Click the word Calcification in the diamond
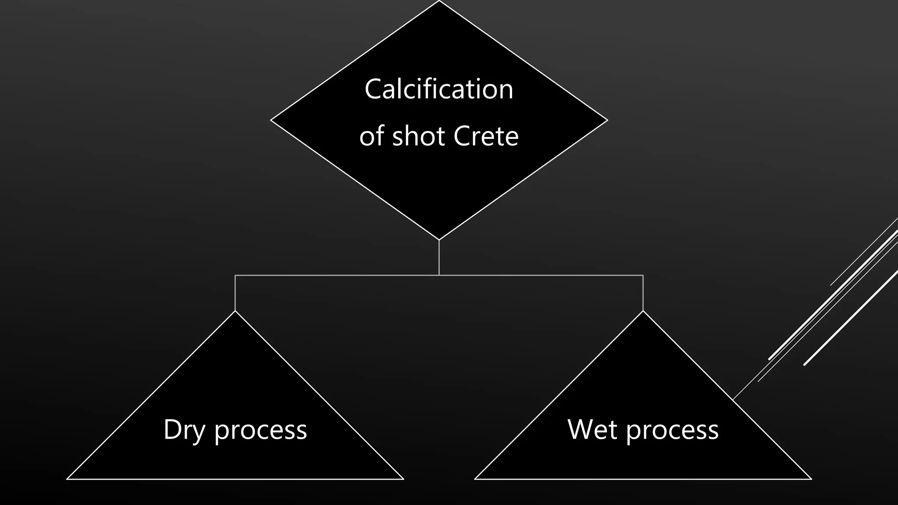pos(438,89)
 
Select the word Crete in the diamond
pos(486,136)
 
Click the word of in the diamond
pos(372,136)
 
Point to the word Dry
pos(184,430)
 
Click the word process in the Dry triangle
pos(260,430)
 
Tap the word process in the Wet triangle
pos(672,430)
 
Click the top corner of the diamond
pos(439,1)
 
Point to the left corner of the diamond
pos(271,120)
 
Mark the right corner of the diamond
pos(607,120)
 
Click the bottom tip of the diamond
pos(439,239)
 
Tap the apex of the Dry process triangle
pos(235,311)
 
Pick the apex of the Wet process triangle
pos(643,311)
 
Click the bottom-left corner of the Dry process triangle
pos(68,479)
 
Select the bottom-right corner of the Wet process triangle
pos(811,479)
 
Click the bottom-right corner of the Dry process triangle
pos(403,479)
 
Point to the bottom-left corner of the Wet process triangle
pos(475,479)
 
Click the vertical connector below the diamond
pos(439,258)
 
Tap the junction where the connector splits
pos(439,275)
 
